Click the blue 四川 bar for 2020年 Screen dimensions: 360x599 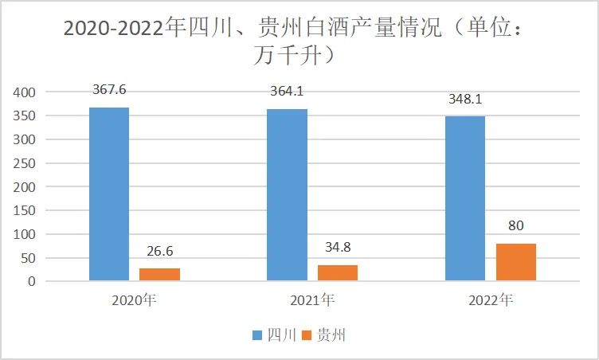(109, 194)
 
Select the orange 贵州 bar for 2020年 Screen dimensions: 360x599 (159, 275)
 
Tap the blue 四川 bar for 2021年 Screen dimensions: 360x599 (287, 195)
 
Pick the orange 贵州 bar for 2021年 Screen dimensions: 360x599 (338, 273)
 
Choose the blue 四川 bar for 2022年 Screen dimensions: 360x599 (465, 199)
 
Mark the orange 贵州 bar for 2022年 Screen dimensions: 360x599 (516, 262)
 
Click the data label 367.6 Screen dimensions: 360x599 (109, 90)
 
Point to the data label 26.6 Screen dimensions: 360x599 (160, 252)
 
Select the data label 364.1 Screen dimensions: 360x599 (288, 92)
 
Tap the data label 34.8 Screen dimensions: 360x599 (338, 248)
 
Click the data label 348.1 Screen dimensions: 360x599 (466, 100)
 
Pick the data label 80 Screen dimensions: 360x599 (516, 226)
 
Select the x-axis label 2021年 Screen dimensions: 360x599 (313, 300)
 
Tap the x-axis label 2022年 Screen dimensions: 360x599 (491, 300)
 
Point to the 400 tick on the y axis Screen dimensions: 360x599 (25, 92)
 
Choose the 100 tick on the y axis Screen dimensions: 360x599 (25, 234)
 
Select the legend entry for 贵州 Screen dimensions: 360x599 (324, 335)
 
